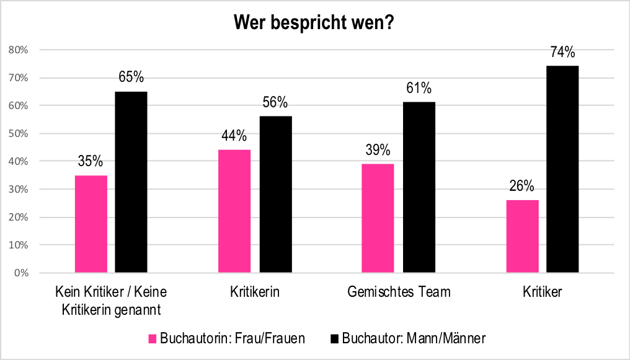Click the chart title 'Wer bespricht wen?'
coord(314,23)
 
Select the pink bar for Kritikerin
coord(235,211)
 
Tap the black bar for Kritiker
coord(562,169)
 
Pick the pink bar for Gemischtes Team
coord(378,218)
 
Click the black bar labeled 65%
coord(131,182)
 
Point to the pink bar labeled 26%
coord(522,236)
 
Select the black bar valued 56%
coord(275,195)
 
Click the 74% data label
coord(562,52)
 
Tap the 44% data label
coord(234,136)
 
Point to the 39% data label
coord(378,150)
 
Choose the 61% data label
coord(419,88)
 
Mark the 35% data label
coord(91,162)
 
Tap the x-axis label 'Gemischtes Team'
coord(398,292)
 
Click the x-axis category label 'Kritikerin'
coord(255,292)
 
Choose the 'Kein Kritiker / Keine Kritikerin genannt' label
coord(111,300)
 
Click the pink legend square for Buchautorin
coord(153,338)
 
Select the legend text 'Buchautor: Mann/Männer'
coord(414,338)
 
